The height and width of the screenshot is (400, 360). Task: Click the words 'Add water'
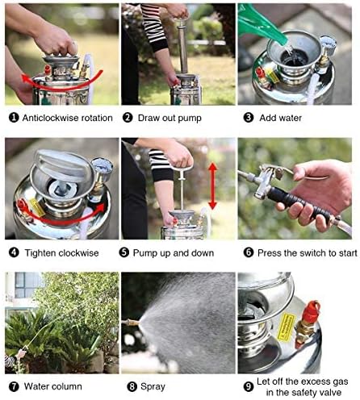point(279,117)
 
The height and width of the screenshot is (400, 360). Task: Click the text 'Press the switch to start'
point(302,252)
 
